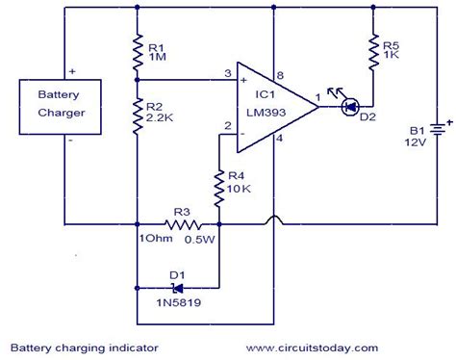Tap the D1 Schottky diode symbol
tap(176, 286)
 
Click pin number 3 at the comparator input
tap(227, 74)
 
